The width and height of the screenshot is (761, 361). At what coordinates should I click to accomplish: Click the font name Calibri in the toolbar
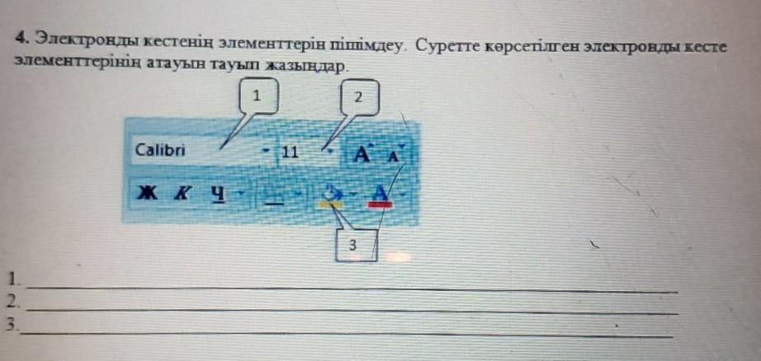[161, 151]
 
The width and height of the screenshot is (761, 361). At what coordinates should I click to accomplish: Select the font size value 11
[289, 152]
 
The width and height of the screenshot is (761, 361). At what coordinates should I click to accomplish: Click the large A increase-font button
[362, 153]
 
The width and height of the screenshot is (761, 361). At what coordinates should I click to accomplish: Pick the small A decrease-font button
[394, 154]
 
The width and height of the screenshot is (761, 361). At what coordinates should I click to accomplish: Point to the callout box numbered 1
[257, 96]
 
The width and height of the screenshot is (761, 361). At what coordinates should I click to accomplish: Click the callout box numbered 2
[357, 97]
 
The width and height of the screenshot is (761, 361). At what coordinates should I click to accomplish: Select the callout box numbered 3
[354, 245]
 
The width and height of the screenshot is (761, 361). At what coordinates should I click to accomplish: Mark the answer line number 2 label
[10, 300]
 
